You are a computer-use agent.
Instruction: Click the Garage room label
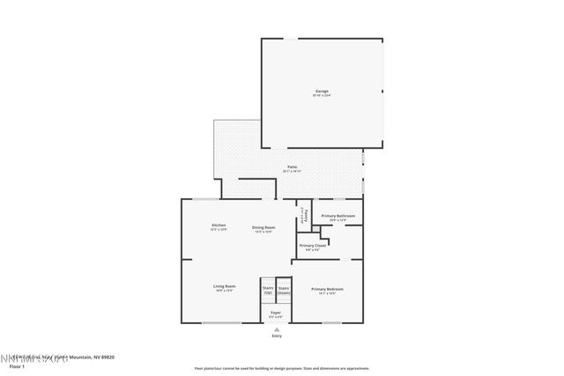click(322, 92)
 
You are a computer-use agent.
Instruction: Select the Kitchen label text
click(218, 225)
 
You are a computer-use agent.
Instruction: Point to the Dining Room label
click(263, 227)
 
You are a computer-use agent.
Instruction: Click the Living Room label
click(224, 286)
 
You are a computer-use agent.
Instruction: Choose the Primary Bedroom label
click(327, 290)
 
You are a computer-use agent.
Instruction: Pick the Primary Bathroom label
click(338, 216)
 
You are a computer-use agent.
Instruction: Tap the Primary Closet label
click(313, 246)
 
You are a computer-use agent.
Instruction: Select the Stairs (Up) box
click(267, 289)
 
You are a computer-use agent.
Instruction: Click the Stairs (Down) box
click(284, 289)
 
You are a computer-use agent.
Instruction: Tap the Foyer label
click(276, 313)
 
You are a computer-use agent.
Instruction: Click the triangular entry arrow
click(277, 328)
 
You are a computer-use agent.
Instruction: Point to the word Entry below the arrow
click(277, 335)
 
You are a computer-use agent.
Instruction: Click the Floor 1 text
click(16, 365)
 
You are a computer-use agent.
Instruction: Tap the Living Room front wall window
click(221, 322)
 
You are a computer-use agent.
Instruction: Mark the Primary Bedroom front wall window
click(331, 322)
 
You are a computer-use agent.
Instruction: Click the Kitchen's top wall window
click(208, 199)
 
